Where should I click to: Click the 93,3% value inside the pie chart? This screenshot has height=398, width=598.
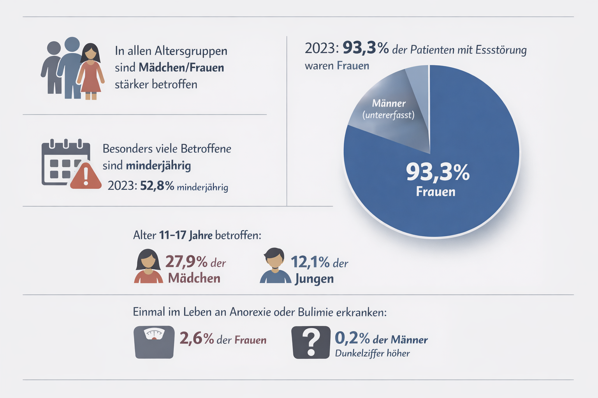coord(438,172)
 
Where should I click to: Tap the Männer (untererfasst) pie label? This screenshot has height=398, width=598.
coord(389,109)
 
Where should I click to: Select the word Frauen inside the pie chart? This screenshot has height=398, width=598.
coord(435,192)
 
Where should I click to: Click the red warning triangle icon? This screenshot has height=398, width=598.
coord(86,177)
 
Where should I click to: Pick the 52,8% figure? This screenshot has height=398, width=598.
coord(157,186)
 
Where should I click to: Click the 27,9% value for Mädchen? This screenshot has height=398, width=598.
coord(186,262)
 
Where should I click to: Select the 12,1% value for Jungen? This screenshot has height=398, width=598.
coord(310,262)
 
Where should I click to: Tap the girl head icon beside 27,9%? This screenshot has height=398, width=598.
coord(148,266)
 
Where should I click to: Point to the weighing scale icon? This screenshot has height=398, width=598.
coord(154,342)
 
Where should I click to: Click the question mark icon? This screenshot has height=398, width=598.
coord(311,342)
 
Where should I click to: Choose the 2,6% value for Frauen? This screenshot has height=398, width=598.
coord(197,339)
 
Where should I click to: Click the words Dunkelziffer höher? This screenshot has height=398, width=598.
coord(372,353)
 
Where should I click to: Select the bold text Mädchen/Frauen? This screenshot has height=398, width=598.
coord(181,68)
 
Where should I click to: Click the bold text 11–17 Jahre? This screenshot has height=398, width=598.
coord(186,235)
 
